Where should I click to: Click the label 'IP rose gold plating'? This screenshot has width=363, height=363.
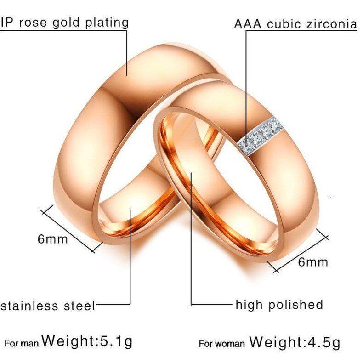[64, 22]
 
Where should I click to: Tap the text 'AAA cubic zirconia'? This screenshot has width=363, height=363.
[295, 24]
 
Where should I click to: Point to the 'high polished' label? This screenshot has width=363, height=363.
[279, 304]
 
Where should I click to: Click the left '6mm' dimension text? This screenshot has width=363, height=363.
[52, 239]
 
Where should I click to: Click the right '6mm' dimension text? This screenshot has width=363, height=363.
[313, 262]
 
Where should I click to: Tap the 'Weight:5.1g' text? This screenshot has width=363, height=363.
[87, 341]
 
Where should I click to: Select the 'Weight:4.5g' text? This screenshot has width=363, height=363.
[295, 342]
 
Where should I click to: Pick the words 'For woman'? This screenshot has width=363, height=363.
[221, 344]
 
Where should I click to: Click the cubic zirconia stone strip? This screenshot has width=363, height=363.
[260, 136]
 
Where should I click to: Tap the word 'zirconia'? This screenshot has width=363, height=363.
[329, 24]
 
